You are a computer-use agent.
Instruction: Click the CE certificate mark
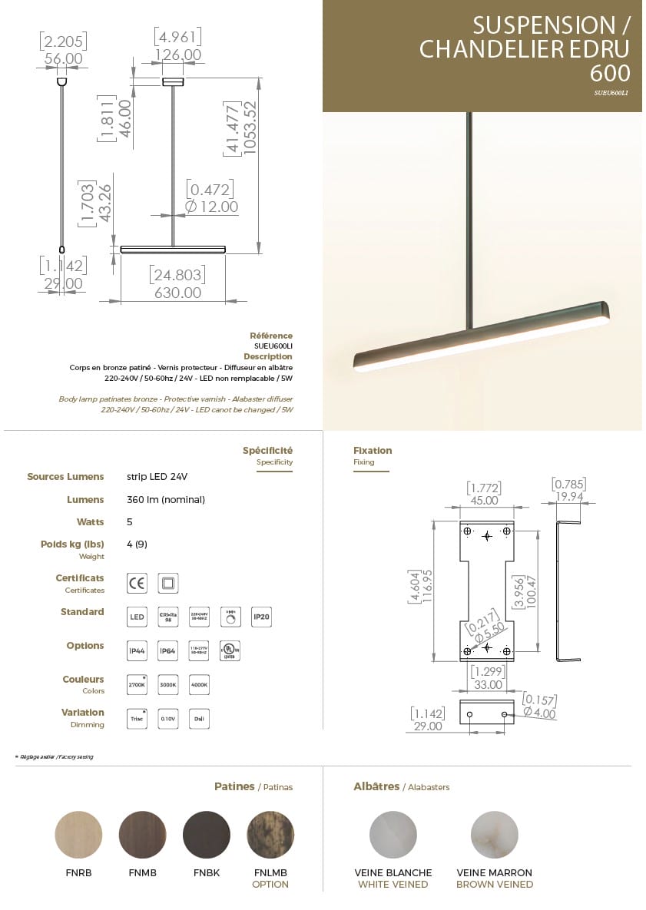tap(137, 584)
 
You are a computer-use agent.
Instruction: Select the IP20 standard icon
tap(262, 617)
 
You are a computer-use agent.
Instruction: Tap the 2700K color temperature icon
tap(137, 684)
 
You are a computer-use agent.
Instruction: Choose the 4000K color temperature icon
tap(199, 684)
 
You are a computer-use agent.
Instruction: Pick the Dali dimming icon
tap(199, 718)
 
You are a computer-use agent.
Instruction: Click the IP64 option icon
tap(167, 650)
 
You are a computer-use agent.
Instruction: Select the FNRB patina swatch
tap(78, 835)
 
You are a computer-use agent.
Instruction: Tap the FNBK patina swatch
tap(207, 835)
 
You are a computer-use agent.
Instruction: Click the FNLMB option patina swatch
tap(270, 835)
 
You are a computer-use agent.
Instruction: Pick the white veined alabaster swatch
tap(393, 835)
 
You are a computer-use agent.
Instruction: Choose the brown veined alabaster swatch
tap(494, 835)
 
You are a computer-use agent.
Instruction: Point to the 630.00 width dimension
tap(177, 293)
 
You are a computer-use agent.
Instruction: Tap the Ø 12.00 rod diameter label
tap(212, 207)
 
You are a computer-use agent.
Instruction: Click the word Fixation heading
tap(373, 451)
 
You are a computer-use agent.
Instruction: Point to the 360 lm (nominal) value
tap(166, 499)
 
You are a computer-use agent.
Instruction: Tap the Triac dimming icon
tap(137, 718)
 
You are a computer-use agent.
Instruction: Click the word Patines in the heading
tap(234, 786)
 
